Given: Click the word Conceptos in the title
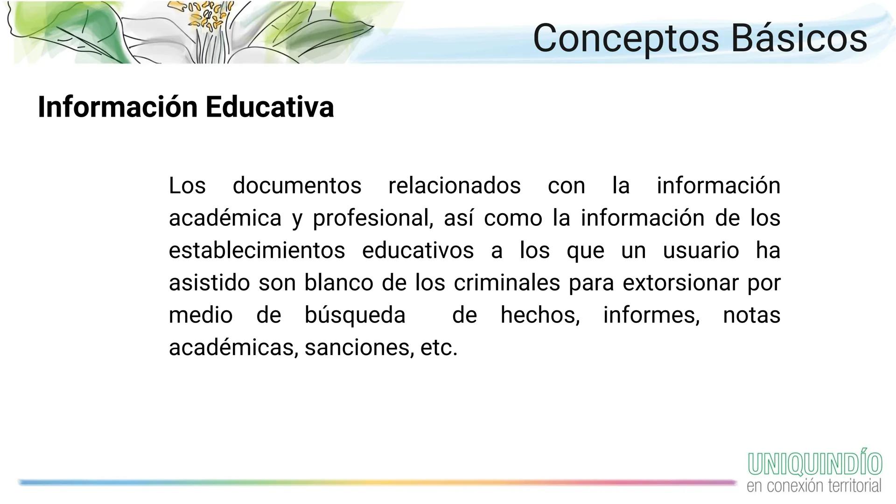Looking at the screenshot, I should coord(626,38).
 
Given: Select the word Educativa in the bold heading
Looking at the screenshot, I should coord(269,107).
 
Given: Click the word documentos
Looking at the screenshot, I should coord(297,186).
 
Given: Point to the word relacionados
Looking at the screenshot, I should coord(454,186).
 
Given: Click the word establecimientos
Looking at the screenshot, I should coord(257,251).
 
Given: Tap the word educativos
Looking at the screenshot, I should coord(418,251).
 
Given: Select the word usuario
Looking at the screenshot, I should coord(700,251).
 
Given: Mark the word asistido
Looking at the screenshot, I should coord(209,283).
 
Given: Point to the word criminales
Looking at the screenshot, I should coord(506,283).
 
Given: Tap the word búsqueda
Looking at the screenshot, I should coord(355,315).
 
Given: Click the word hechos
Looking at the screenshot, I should coord(540,315).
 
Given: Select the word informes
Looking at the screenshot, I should coord(651,315).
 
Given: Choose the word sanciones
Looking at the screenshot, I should coord(359,348).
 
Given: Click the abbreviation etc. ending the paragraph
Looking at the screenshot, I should coord(439,348).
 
